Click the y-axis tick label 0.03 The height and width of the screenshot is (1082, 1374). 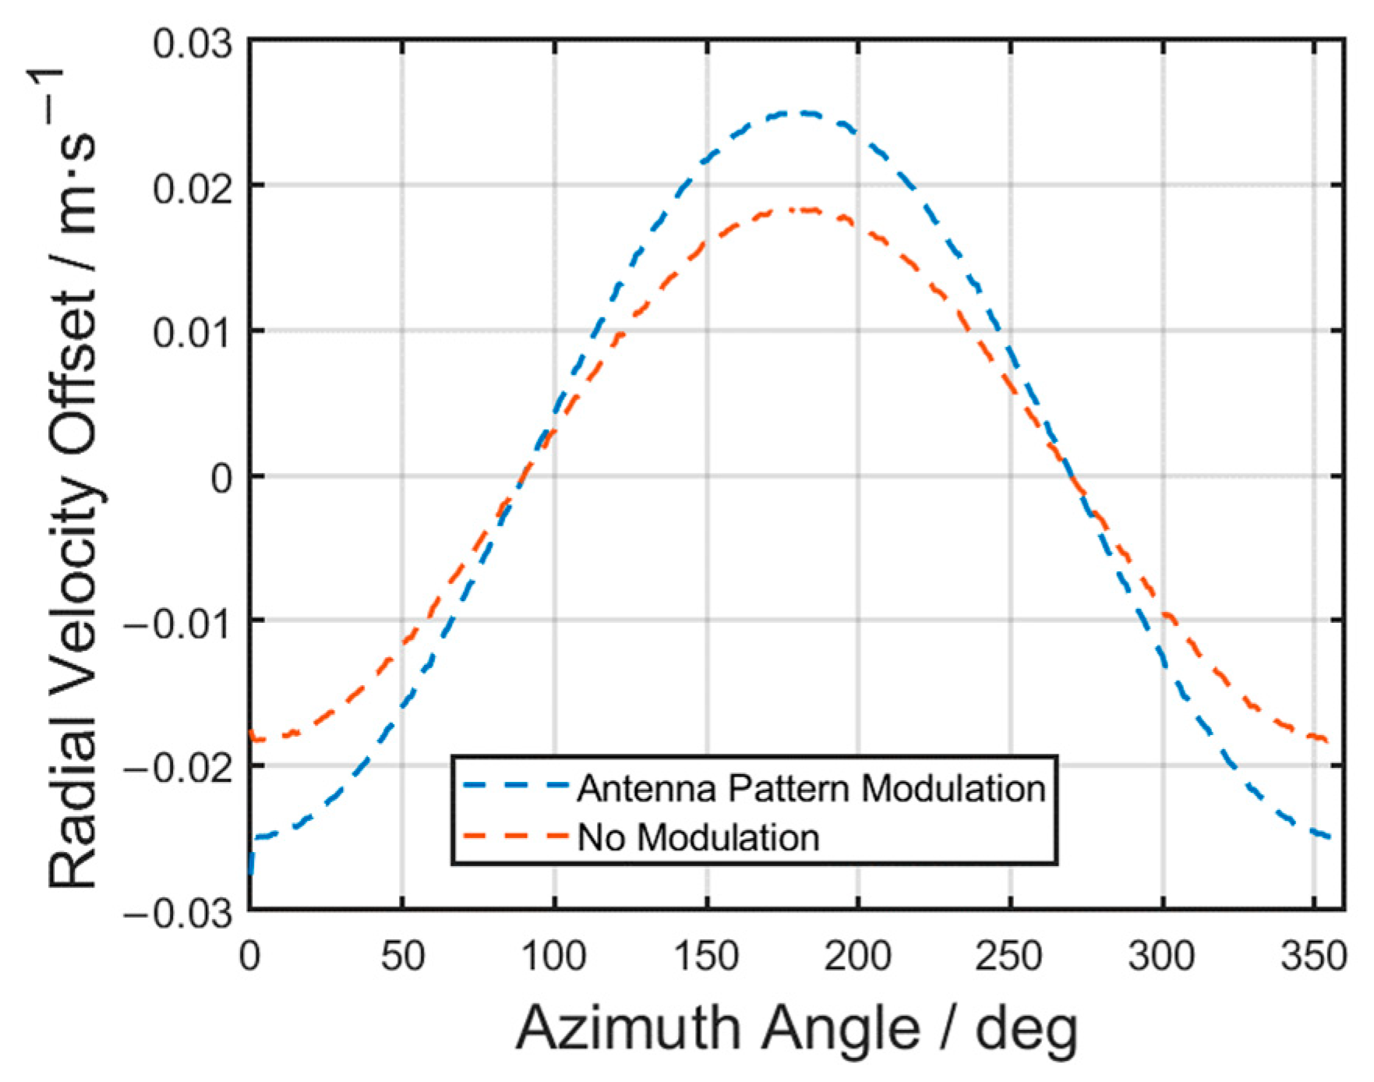pyautogui.click(x=193, y=44)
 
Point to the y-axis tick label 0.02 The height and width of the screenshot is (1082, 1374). pyautogui.click(x=193, y=189)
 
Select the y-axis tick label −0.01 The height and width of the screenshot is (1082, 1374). pyautogui.click(x=178, y=624)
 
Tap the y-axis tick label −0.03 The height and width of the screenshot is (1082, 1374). pyautogui.click(x=178, y=913)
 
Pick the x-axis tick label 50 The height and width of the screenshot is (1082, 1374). pyautogui.click(x=402, y=956)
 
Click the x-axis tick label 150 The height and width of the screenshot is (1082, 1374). pyautogui.click(x=706, y=956)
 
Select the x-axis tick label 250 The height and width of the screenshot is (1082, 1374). pyautogui.click(x=1010, y=956)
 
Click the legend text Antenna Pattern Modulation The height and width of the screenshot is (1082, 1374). pyautogui.click(x=811, y=789)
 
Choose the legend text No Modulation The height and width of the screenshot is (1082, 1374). pyautogui.click(x=698, y=838)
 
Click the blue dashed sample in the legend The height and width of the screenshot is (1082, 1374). pyautogui.click(x=515, y=787)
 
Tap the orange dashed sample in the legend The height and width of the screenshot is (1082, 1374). pyautogui.click(x=515, y=836)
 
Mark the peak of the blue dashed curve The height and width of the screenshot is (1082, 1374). pyautogui.click(x=796, y=114)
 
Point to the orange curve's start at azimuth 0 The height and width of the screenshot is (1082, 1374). pyautogui.click(x=252, y=734)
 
